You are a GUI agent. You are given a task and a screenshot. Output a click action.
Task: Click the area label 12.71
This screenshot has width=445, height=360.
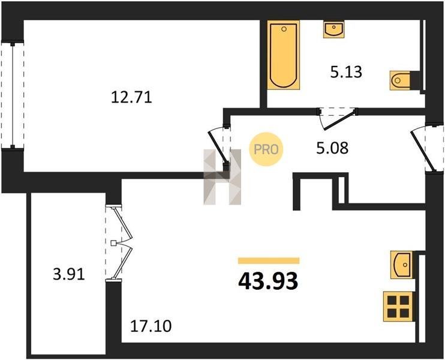click(x=131, y=97)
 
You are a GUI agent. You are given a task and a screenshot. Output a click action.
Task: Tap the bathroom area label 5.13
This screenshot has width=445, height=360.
click(x=346, y=72)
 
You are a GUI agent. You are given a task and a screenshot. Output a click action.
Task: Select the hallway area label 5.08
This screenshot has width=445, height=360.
click(x=332, y=148)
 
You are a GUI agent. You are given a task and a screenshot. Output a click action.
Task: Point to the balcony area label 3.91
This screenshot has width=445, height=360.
click(x=69, y=275)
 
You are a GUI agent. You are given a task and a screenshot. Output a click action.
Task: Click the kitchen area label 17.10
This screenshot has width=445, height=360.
click(x=151, y=326)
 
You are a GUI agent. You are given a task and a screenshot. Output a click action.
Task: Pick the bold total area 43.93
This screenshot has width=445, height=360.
click(x=268, y=281)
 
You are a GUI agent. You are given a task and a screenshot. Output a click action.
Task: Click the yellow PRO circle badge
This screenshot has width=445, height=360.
click(x=266, y=149)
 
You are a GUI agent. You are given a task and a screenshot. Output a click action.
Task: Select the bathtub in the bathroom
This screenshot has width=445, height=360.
click(x=284, y=55)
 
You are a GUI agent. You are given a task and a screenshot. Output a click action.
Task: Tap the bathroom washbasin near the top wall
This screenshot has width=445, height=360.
click(x=333, y=29)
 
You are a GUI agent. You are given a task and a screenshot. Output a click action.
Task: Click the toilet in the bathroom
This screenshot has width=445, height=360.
click(x=400, y=80)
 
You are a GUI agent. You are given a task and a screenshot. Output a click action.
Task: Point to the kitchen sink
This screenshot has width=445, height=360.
click(x=402, y=265)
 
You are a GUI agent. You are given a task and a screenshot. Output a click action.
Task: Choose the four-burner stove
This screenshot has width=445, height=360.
click(x=398, y=307)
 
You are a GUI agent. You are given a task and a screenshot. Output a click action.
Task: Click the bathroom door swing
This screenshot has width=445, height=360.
click(x=337, y=119)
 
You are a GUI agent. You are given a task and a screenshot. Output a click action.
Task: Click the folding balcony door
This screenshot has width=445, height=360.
click(x=119, y=243)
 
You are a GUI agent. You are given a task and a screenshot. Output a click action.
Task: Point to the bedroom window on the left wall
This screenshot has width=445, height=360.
click(x=13, y=95)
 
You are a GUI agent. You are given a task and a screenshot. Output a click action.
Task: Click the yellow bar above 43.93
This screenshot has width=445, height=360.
click(x=269, y=260)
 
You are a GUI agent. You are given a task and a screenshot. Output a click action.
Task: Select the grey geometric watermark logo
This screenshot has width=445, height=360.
click(x=222, y=177)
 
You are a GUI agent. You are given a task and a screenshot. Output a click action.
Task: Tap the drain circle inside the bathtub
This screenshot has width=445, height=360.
click(x=284, y=29)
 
